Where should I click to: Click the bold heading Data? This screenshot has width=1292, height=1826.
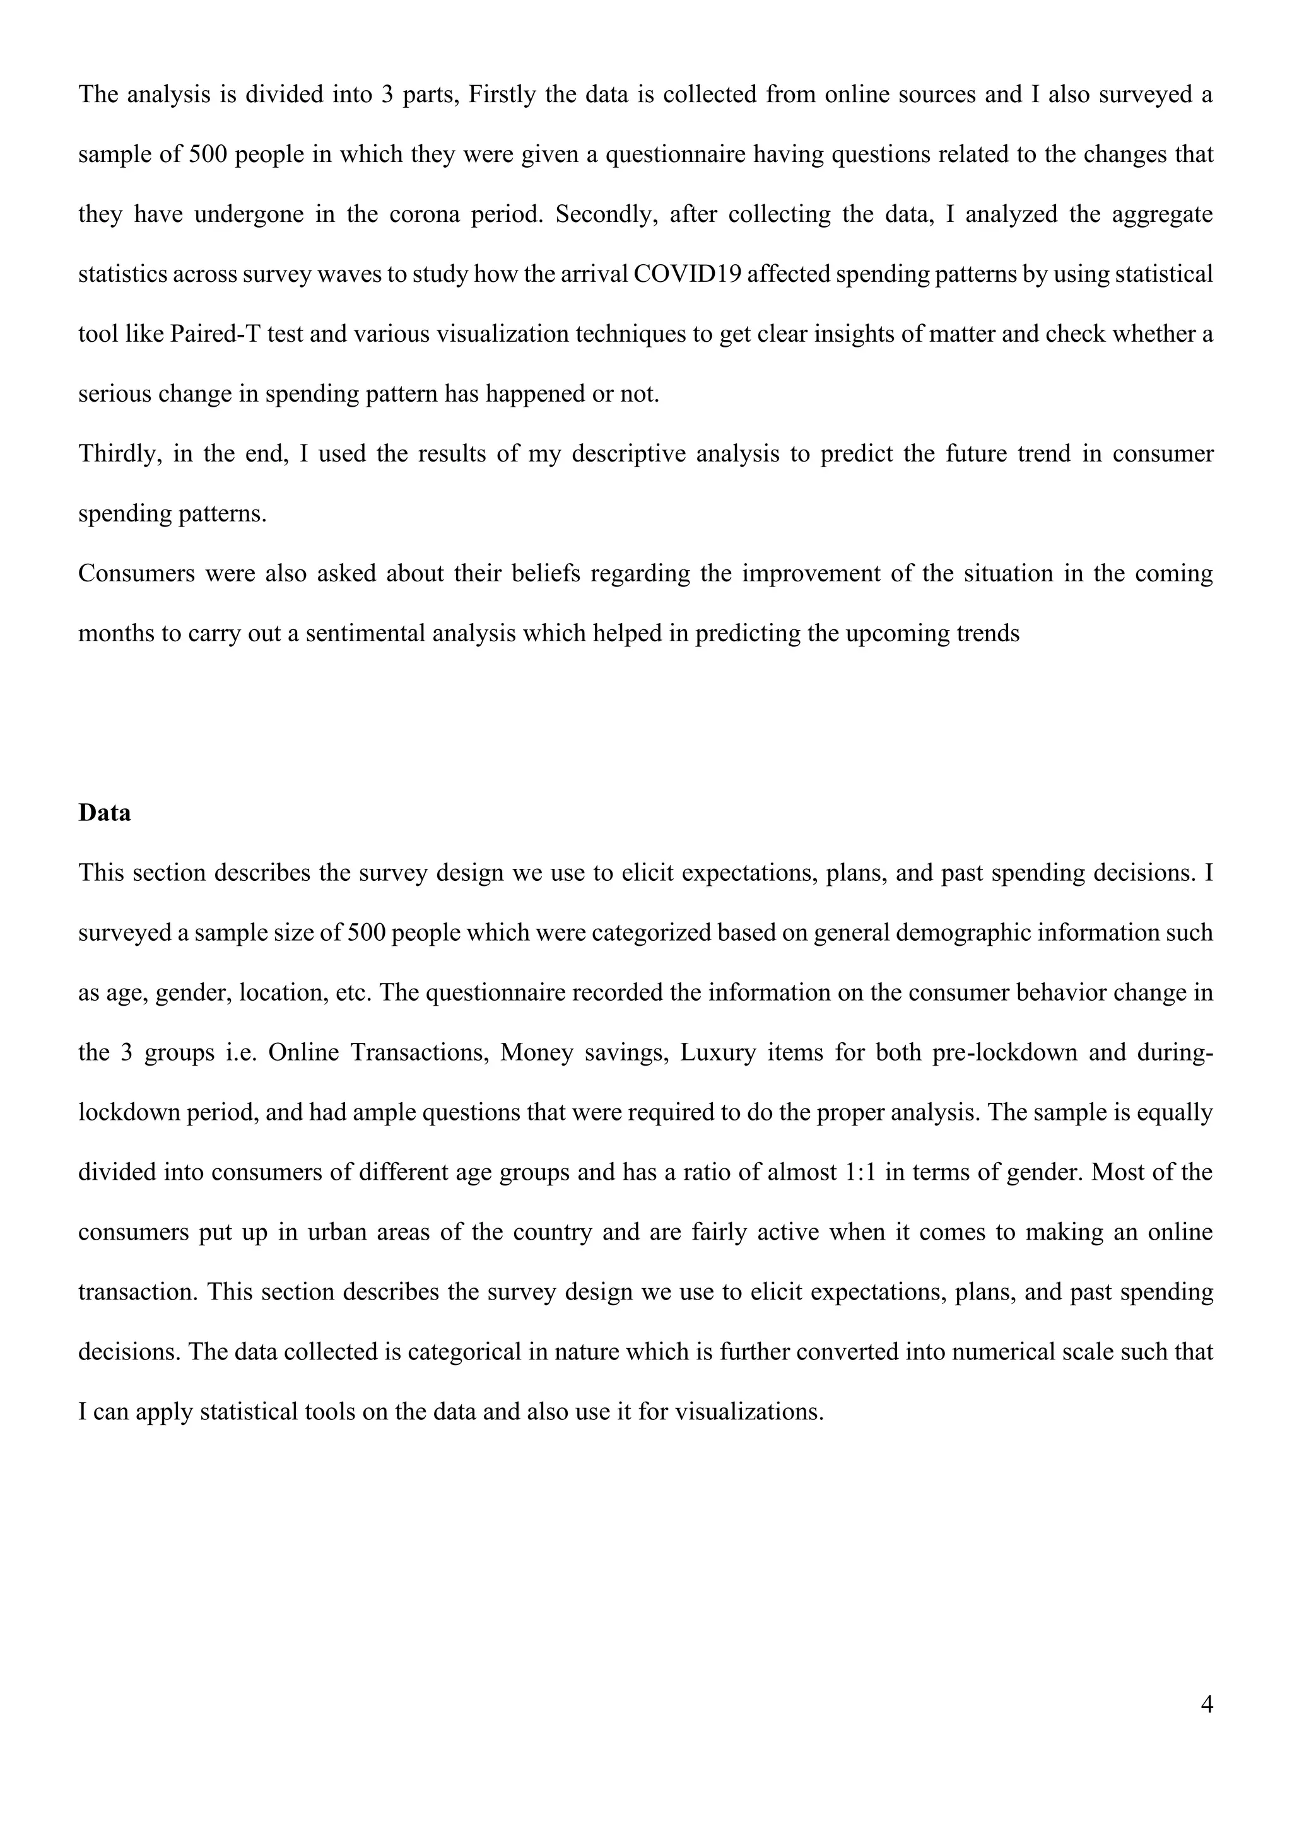tap(104, 813)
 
